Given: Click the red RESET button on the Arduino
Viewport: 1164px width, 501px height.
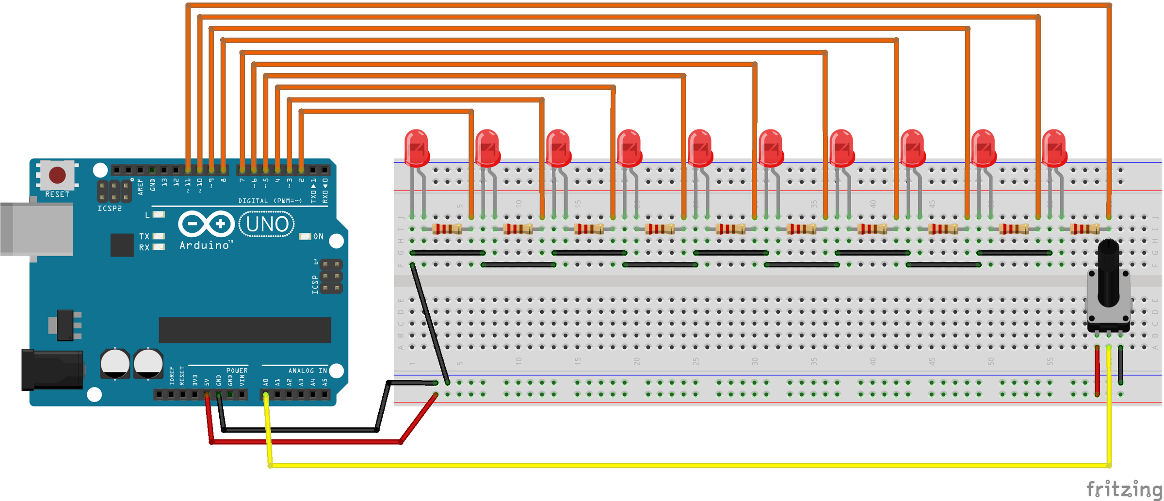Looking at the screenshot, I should click(x=57, y=175).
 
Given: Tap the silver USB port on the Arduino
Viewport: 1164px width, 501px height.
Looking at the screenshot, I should click(x=36, y=229).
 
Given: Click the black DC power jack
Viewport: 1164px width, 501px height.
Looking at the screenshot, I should click(x=51, y=370).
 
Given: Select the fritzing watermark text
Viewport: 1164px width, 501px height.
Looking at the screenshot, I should click(x=1124, y=488).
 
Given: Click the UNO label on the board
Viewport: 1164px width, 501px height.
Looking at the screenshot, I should click(x=267, y=225).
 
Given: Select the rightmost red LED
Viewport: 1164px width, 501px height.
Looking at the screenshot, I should click(x=1054, y=148).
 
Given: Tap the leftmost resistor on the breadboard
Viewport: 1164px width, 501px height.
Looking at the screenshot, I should click(x=447, y=229).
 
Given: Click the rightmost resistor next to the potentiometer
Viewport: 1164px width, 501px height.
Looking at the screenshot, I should click(x=1085, y=229).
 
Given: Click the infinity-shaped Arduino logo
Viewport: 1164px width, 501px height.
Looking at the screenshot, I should click(x=207, y=224).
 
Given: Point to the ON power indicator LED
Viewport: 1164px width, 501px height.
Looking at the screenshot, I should click(x=305, y=236).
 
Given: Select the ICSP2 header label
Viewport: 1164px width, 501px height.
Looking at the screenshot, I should click(x=110, y=209).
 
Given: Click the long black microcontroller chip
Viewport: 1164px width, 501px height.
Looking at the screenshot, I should click(x=244, y=330).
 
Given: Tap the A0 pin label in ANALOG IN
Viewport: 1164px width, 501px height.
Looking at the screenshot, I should click(x=266, y=382).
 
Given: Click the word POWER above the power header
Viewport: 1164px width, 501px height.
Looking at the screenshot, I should click(x=237, y=371).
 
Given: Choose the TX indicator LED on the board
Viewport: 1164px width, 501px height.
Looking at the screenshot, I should click(x=159, y=236).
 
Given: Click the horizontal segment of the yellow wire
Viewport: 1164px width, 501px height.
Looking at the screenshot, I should click(x=679, y=465).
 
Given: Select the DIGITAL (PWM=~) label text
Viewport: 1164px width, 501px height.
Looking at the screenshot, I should click(x=270, y=201).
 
